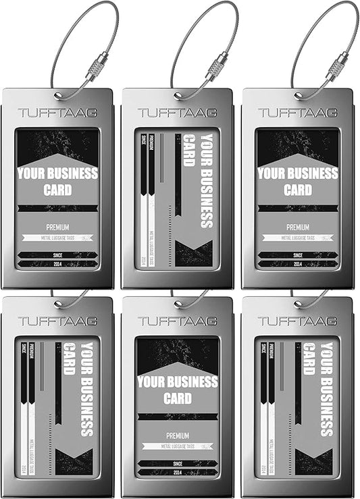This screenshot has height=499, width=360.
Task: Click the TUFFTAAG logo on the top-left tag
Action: [57, 113]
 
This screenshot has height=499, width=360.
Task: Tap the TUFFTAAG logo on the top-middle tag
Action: [177, 113]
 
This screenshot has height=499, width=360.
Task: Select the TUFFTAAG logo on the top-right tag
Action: [297, 113]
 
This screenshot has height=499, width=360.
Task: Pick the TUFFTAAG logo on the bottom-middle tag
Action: [177, 321]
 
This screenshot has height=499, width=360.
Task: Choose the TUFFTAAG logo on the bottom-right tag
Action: [297, 321]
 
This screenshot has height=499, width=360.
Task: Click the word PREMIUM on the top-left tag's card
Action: [57, 228]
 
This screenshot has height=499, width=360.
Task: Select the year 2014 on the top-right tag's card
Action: [297, 264]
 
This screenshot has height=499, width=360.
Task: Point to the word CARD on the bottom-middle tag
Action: [177, 398]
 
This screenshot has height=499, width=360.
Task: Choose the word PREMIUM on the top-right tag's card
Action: [297, 228]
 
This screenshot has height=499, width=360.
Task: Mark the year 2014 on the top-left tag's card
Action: [57, 264]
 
